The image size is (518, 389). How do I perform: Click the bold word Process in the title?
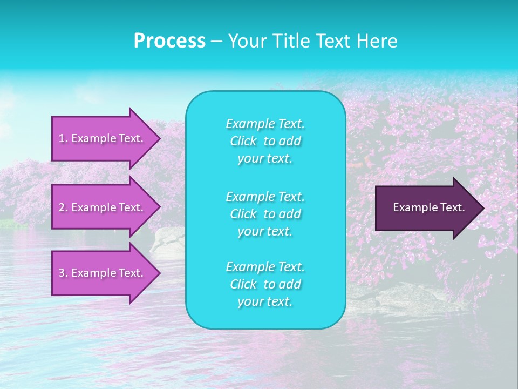coord(169,41)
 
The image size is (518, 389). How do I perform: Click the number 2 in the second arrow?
coord(62,207)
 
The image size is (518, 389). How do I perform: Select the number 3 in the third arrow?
coord(62,273)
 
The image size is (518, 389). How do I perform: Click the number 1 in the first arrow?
coord(62,138)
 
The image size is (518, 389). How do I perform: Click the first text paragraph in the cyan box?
coord(265,141)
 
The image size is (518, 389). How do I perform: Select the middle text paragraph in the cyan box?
coord(265,214)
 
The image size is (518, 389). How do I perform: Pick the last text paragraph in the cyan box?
coord(265,284)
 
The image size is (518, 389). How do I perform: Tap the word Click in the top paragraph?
coord(243,142)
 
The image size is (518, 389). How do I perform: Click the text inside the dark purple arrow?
coord(428,207)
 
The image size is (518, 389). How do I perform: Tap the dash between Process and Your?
coord(216,42)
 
